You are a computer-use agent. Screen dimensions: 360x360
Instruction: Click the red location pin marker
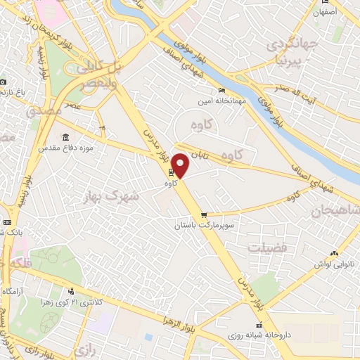click(181, 165)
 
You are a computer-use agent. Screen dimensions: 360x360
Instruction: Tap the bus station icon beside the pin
click(170, 172)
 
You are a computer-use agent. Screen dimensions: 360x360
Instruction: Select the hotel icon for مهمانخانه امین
click(222, 90)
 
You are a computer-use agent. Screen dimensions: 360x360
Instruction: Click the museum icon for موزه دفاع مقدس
click(65, 136)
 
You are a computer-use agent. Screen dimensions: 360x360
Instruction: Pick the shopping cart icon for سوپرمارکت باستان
click(204, 215)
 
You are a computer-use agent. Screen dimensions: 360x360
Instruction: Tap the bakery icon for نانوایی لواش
click(334, 252)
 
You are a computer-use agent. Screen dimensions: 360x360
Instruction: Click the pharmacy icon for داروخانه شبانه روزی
click(260, 325)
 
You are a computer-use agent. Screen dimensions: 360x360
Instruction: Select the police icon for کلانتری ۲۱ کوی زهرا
click(70, 292)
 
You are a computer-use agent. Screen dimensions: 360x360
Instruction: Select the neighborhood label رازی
click(84, 349)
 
